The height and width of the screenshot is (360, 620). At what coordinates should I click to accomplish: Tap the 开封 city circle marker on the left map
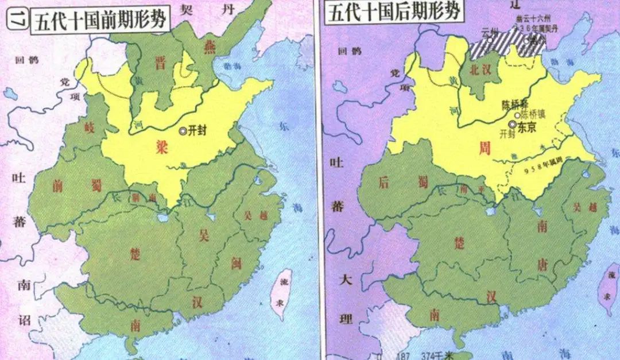pos(183,131)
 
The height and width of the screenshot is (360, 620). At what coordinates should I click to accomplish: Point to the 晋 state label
pos(160,63)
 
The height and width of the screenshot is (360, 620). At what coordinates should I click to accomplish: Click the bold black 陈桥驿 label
pos(513,106)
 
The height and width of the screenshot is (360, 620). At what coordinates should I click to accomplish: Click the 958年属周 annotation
pos(545,168)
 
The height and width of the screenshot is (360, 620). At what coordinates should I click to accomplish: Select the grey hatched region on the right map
pos(505,42)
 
